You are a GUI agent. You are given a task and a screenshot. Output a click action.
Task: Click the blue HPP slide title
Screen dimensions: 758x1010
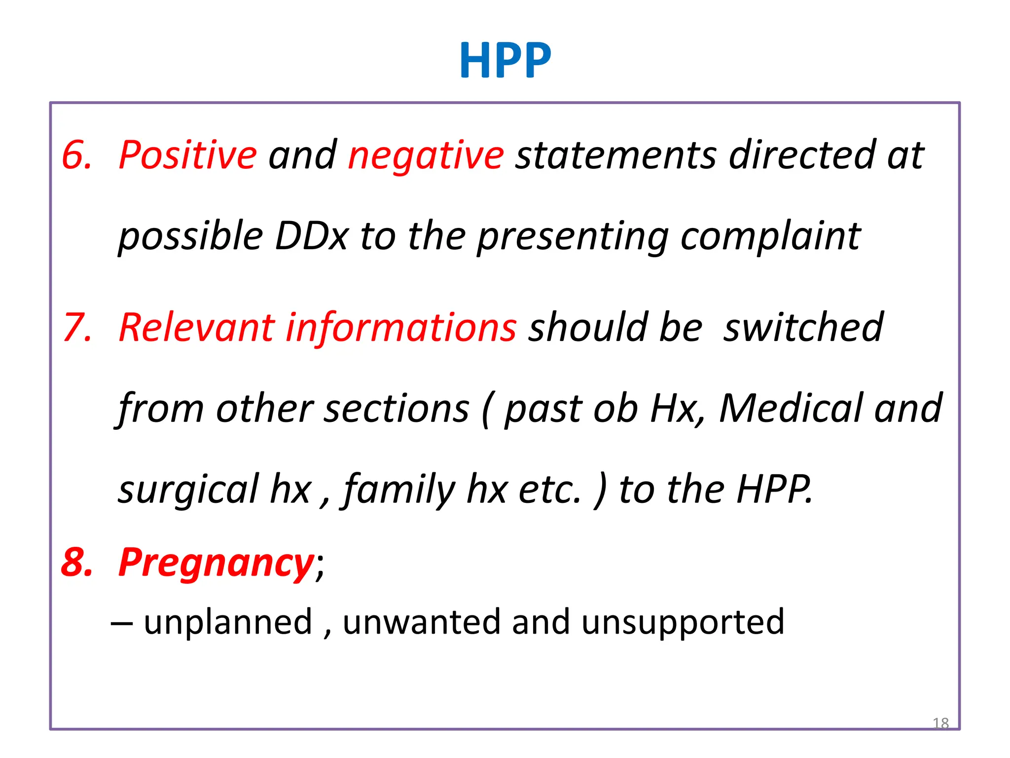[505, 60]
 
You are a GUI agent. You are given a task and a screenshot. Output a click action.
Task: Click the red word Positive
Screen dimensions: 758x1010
[187, 155]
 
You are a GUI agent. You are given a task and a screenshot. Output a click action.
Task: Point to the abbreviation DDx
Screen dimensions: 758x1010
[312, 236]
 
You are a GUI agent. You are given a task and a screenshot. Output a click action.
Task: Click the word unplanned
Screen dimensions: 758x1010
[228, 622]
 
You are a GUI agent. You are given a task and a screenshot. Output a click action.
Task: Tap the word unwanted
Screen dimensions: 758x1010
[422, 622]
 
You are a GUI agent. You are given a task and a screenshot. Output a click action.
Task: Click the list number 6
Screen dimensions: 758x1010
[77, 155]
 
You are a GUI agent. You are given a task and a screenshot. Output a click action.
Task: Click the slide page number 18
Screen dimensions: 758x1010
[940, 723]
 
